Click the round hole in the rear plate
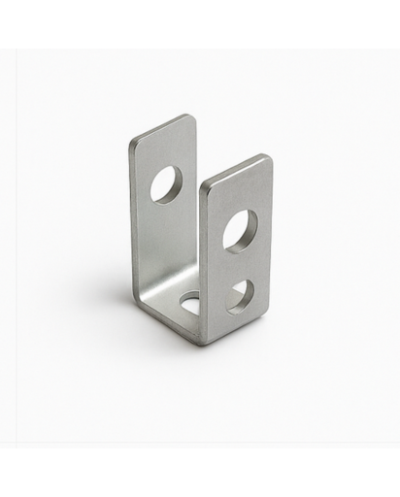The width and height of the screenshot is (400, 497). [x=166, y=183]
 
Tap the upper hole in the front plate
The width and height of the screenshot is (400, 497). [x=239, y=231]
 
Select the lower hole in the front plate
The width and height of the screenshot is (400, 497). [x=240, y=295]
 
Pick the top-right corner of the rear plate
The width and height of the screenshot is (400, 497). [x=193, y=117]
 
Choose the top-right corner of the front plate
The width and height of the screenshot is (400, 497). [x=268, y=157]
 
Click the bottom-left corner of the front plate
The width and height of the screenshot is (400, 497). [x=203, y=342]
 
